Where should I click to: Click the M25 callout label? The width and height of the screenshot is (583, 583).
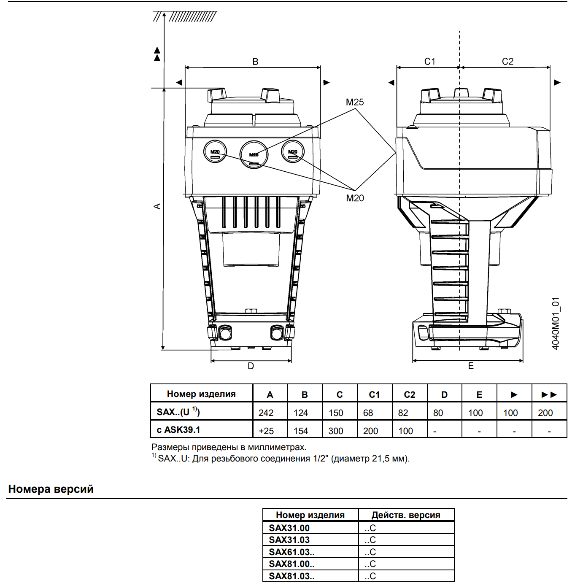[x=355, y=102]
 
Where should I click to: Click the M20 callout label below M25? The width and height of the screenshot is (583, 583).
[x=355, y=198]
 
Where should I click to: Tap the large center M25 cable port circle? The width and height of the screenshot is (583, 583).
[x=254, y=154]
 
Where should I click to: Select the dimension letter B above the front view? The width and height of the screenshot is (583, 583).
[x=255, y=62]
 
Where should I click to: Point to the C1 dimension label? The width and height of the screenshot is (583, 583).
[x=429, y=62]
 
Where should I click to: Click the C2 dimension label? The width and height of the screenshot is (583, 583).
[x=507, y=62]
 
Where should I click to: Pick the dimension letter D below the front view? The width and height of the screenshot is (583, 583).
[x=251, y=366]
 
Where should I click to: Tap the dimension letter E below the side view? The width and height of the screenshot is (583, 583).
[x=471, y=366]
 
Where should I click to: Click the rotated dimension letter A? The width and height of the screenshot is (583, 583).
[x=157, y=206]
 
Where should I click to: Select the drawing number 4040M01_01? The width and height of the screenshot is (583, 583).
[x=555, y=324]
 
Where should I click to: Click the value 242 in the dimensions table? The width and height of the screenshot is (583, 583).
[x=266, y=413]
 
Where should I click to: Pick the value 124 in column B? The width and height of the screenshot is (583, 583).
[x=301, y=413]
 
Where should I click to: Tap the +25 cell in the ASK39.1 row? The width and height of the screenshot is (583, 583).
[x=266, y=431]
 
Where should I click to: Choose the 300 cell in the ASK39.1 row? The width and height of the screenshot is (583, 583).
[x=335, y=431]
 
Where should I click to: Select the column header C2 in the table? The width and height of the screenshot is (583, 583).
[x=409, y=394]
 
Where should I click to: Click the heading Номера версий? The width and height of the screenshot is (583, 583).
[x=51, y=489]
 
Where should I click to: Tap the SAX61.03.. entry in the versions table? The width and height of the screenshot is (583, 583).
[x=291, y=552]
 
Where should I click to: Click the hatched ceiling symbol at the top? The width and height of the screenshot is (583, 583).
[x=185, y=16]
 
